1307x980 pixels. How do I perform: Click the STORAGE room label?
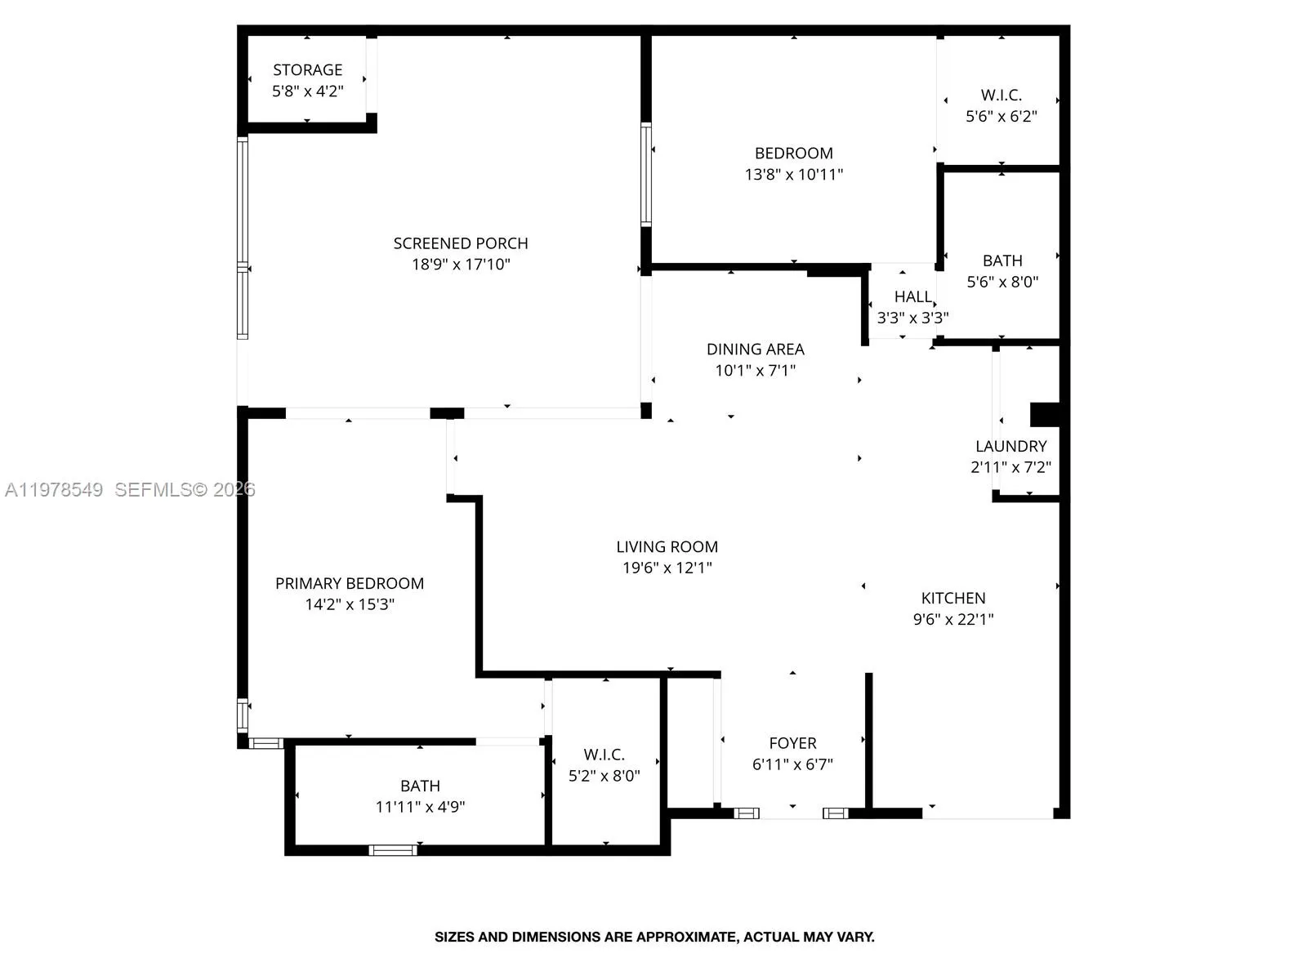click(x=307, y=70)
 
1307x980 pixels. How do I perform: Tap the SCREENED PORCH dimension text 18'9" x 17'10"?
click(x=461, y=265)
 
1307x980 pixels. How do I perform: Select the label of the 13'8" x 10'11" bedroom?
click(x=793, y=154)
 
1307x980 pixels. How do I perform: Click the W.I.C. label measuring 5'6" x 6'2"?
click(x=1001, y=96)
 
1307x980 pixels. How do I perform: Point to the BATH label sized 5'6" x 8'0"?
click(x=1002, y=261)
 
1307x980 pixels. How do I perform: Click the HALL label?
click(x=912, y=297)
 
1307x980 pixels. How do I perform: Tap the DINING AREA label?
click(x=755, y=350)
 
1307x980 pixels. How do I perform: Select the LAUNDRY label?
click(x=1010, y=447)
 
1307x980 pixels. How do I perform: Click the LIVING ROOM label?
click(x=667, y=547)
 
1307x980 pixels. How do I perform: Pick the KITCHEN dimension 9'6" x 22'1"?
click(x=952, y=620)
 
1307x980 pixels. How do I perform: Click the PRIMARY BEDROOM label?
click(x=349, y=584)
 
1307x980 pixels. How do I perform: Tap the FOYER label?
click(x=792, y=744)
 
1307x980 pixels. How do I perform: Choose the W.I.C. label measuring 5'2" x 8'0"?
click(x=604, y=755)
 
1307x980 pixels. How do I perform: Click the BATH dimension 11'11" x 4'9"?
click(x=420, y=808)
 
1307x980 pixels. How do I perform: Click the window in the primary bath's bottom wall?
click(x=393, y=850)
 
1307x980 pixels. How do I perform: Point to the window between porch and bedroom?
click(x=646, y=174)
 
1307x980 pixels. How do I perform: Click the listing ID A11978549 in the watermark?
click(x=54, y=490)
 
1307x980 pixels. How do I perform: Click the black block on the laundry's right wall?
click(x=1044, y=414)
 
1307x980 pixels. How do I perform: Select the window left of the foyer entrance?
click(x=746, y=813)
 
